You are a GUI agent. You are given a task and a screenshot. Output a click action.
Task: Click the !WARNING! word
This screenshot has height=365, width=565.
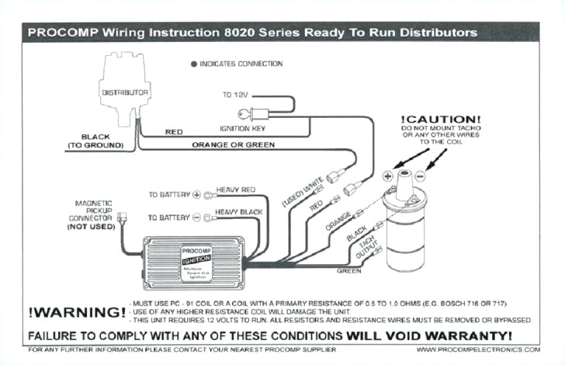(x=77, y=312)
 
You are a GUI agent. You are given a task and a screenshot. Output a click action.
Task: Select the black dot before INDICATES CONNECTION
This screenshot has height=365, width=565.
(x=193, y=64)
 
